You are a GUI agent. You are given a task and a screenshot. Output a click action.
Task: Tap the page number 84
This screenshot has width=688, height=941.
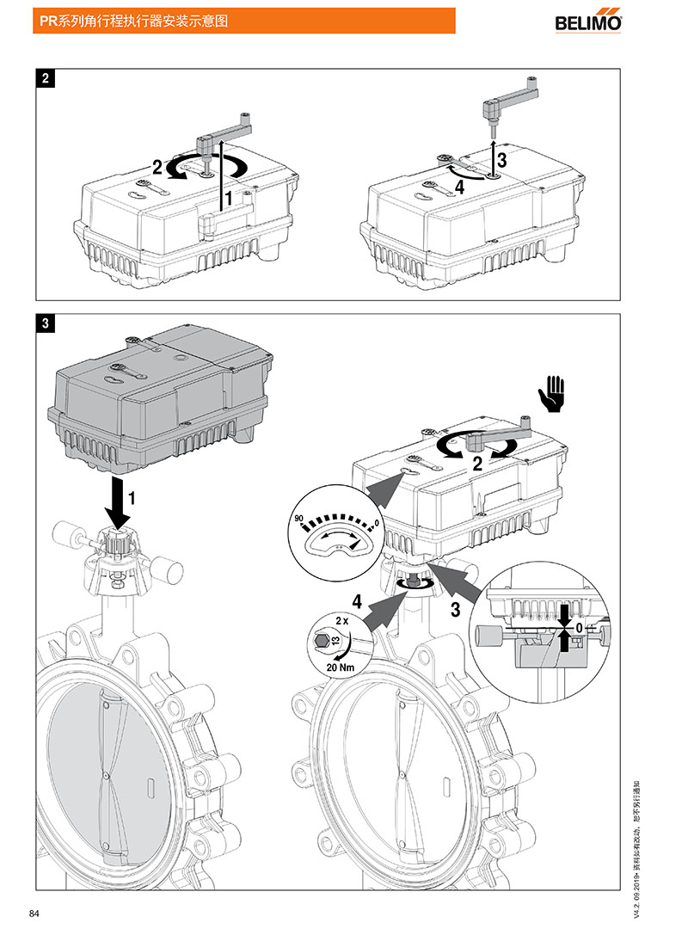(x=34, y=913)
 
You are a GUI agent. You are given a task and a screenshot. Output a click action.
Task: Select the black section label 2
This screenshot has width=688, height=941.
(x=45, y=78)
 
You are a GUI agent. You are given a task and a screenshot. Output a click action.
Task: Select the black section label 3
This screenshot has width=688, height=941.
(x=45, y=323)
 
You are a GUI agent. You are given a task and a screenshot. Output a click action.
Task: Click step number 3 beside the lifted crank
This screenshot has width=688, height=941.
(x=501, y=158)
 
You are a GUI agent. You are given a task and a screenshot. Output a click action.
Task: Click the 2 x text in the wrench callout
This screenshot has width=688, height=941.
(x=341, y=619)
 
